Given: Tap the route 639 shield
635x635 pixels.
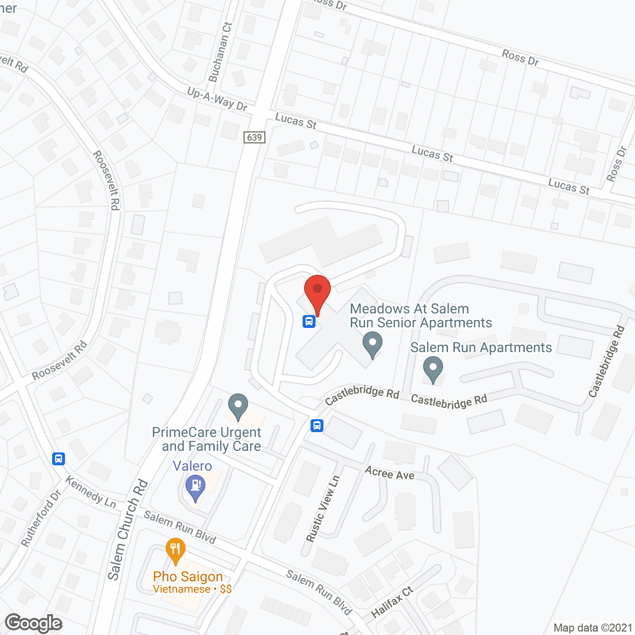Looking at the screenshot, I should click(254, 137).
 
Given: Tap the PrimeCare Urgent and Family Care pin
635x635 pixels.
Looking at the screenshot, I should click(238, 406).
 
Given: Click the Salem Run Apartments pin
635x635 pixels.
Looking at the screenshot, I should click(433, 369).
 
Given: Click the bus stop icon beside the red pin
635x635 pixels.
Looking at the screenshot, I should click(309, 321).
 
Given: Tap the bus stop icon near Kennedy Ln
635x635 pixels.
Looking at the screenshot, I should click(59, 458).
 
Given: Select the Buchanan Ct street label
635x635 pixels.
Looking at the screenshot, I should click(220, 53).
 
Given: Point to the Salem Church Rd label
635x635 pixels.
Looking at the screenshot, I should click(128, 529).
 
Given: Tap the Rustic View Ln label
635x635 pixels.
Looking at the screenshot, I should click(323, 508).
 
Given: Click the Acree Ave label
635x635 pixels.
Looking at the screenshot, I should click(389, 473).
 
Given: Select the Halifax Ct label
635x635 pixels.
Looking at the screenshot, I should click(392, 602).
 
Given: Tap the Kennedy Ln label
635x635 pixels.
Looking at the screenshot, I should click(90, 492).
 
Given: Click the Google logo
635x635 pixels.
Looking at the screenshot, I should click(34, 623).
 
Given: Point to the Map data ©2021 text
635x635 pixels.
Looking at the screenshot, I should click(593, 628).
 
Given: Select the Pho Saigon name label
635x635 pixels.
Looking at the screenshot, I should click(188, 576).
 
